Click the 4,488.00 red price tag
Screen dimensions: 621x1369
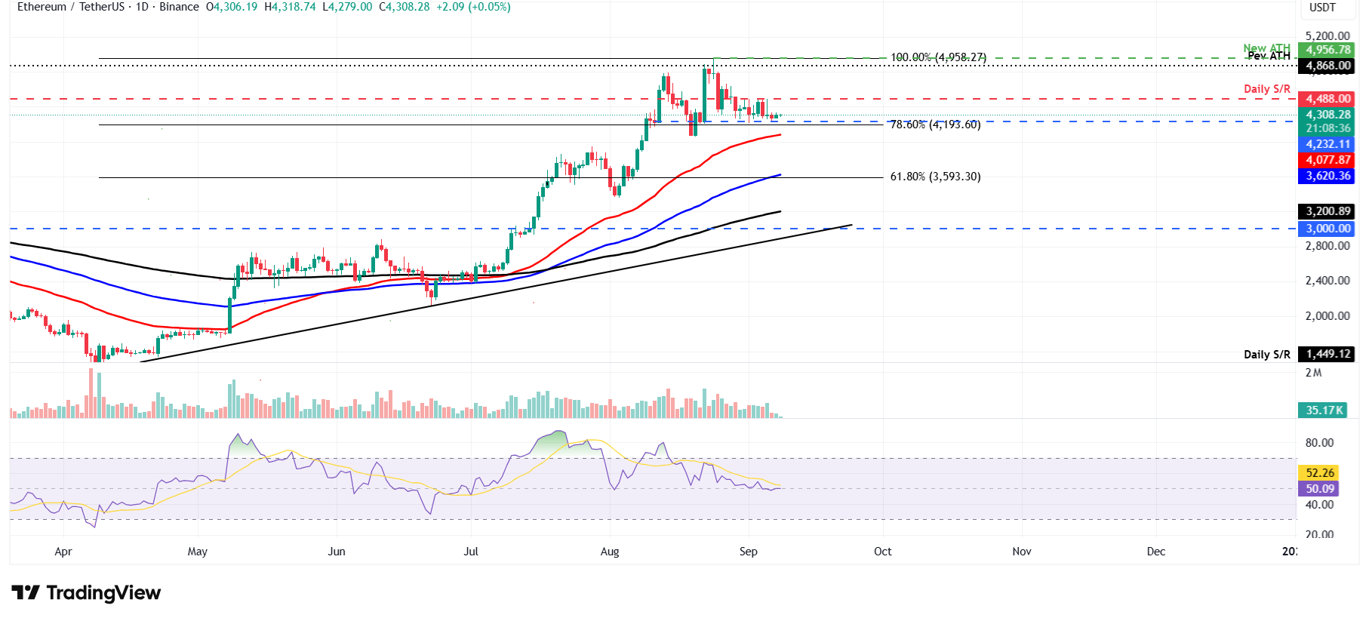click(1327, 99)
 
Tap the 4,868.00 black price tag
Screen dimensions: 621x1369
click(1327, 66)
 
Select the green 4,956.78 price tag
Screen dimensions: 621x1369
click(1327, 50)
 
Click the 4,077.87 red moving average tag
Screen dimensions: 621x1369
click(1327, 160)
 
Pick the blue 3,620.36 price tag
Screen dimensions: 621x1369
click(1327, 176)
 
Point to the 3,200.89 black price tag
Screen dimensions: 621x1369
click(1327, 211)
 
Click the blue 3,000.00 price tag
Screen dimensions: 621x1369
click(1327, 229)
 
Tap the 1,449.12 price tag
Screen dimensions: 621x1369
click(1327, 354)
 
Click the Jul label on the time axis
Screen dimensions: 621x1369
click(471, 552)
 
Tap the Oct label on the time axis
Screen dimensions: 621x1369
click(882, 552)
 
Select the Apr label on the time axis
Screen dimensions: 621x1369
click(63, 552)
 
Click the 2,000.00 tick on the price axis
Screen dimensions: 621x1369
click(1327, 316)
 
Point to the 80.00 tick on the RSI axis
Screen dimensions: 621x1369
click(1319, 443)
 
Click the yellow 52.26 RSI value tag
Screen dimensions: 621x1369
click(1319, 473)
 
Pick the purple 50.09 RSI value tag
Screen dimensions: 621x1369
click(1319, 489)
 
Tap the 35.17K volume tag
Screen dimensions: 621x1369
click(1324, 410)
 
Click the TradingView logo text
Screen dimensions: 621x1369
click(103, 593)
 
